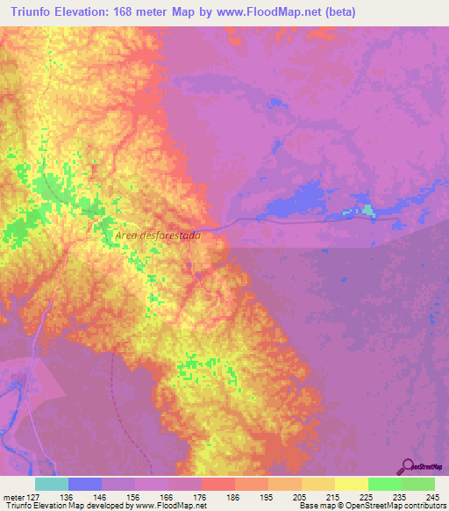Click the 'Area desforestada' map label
click(159, 236)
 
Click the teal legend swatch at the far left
click(51, 484)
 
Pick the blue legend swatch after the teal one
click(84, 484)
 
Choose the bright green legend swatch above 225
click(384, 484)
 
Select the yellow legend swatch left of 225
click(351, 484)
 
